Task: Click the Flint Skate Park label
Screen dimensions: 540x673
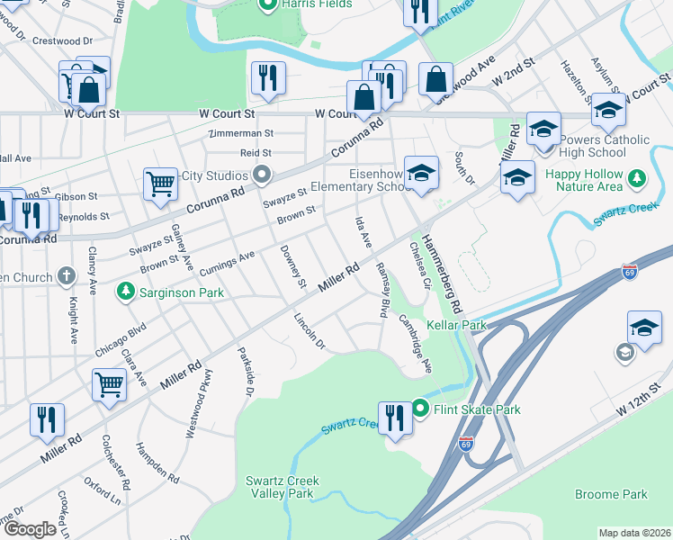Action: pyautogui.click(x=478, y=409)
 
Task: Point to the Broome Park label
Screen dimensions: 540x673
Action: pyautogui.click(x=611, y=494)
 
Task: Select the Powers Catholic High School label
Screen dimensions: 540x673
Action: pyautogui.click(x=603, y=147)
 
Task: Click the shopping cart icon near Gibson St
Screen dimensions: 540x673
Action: pyautogui.click(x=160, y=184)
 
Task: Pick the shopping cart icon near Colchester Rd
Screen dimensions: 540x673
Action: pyautogui.click(x=109, y=384)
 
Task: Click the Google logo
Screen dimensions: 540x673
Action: pyautogui.click(x=29, y=529)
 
